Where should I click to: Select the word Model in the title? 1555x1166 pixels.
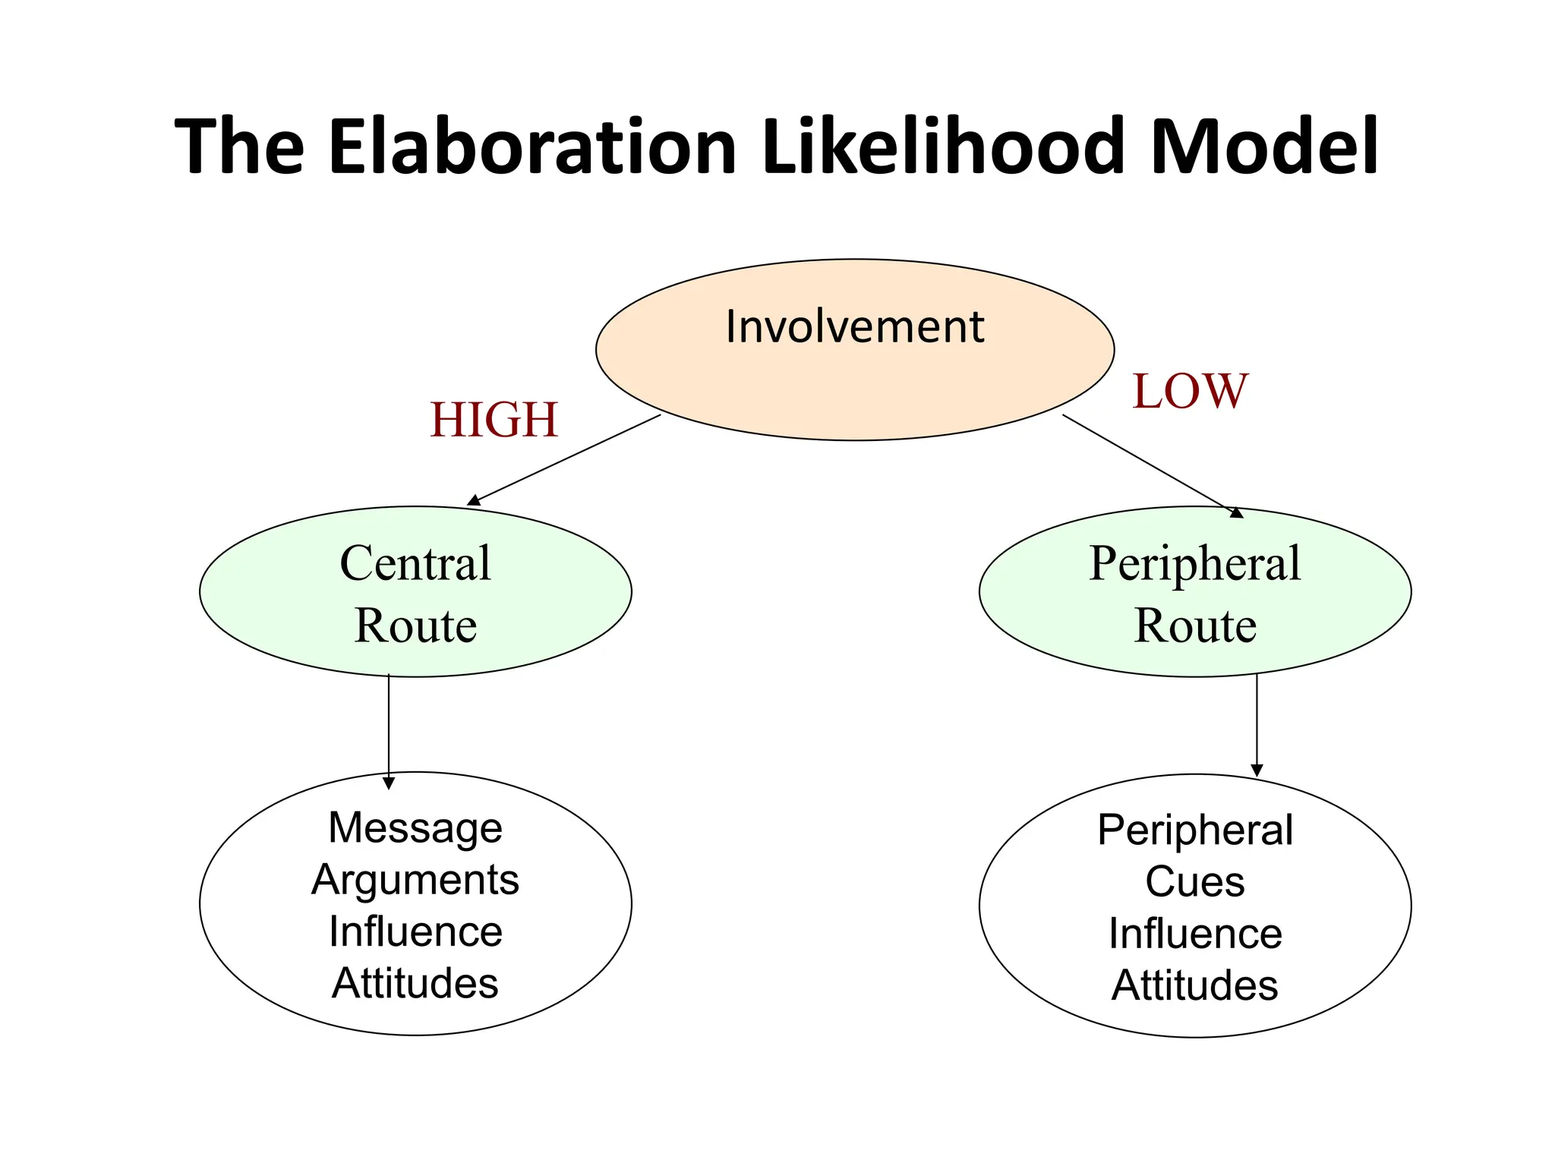[1263, 146]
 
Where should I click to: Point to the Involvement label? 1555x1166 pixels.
[854, 327]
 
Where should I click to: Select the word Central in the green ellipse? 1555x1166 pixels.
[415, 563]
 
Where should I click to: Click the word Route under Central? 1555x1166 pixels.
[415, 626]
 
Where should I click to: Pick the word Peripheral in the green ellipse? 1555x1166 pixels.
[1195, 563]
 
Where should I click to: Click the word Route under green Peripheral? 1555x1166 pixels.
[1195, 626]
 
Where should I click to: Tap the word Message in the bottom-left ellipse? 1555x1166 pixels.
[415, 827]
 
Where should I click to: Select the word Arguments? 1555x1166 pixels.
[415, 880]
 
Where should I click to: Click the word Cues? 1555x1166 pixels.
[1195, 882]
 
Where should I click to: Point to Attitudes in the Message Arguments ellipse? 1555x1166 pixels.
[415, 984]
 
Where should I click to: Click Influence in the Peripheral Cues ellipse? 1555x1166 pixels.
[1195, 934]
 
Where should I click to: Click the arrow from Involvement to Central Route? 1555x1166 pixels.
[564, 459]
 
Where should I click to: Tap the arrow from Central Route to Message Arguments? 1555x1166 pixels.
[389, 729]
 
